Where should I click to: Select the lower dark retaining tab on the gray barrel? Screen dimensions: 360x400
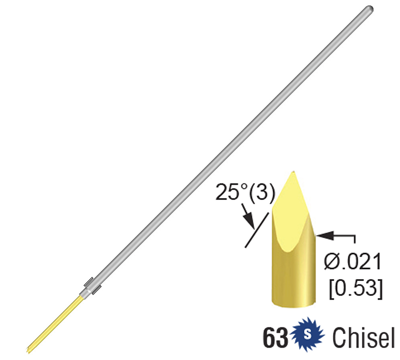pyautogui.click(x=97, y=289)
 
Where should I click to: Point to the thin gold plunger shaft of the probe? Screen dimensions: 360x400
pyautogui.click(x=55, y=320)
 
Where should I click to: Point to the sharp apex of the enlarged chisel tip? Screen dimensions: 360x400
pyautogui.click(x=293, y=172)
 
